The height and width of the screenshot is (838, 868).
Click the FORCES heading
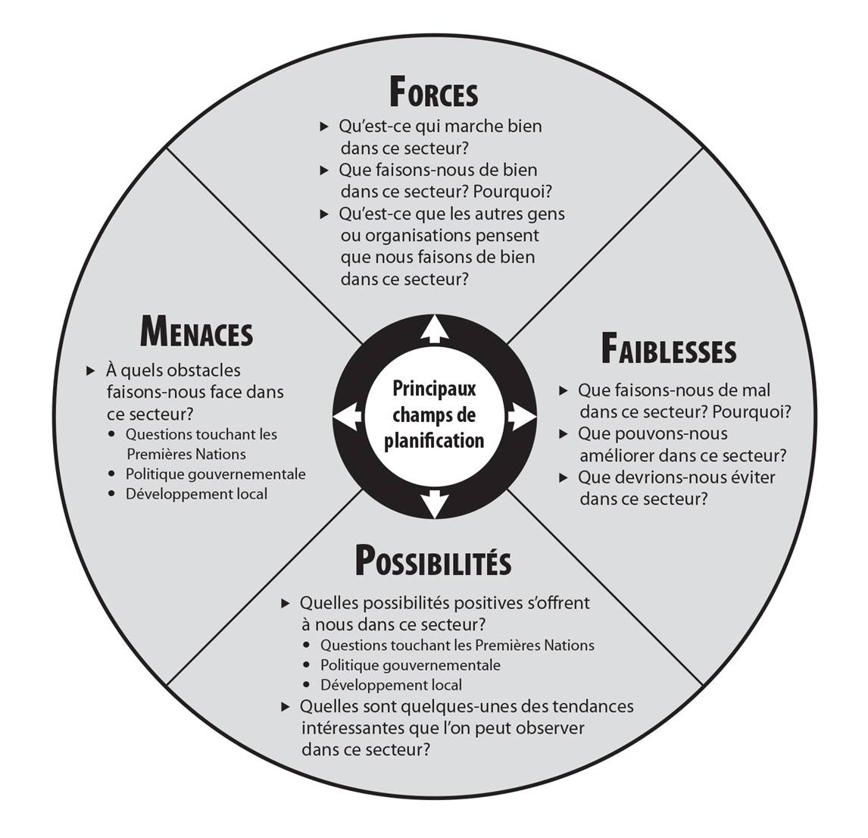[x=433, y=93]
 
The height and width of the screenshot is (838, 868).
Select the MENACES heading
[x=196, y=331]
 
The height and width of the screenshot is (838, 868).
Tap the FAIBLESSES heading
[x=668, y=350]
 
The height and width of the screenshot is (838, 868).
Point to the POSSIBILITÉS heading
[x=433, y=562]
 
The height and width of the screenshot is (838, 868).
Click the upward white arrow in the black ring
[x=434, y=328]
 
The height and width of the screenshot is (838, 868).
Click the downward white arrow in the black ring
[x=434, y=505]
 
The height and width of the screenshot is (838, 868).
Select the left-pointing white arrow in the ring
[x=346, y=417]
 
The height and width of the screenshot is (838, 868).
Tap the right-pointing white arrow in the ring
[x=521, y=416]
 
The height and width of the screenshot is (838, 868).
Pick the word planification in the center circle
[x=434, y=441]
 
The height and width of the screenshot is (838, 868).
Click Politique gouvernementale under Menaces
[x=216, y=474]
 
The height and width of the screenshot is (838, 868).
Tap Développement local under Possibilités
[x=391, y=685]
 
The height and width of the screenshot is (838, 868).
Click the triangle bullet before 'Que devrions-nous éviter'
[x=563, y=477]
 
